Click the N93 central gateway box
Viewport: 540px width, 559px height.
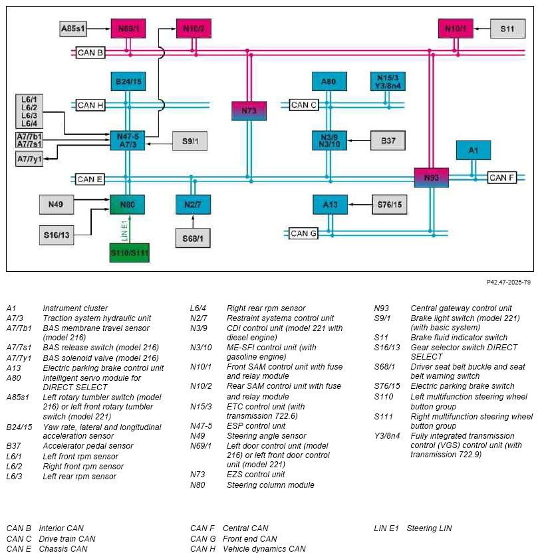click(x=431, y=177)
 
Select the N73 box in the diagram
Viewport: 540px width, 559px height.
click(x=249, y=111)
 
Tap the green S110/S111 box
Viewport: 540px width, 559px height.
click(x=129, y=253)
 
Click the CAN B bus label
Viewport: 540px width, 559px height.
click(x=90, y=53)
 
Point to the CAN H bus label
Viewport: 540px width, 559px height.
click(x=90, y=105)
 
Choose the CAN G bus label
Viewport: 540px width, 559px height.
click(x=303, y=233)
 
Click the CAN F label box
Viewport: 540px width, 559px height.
click(x=502, y=177)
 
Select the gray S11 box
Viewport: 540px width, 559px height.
click(x=507, y=29)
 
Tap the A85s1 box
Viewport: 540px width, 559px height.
click(x=73, y=29)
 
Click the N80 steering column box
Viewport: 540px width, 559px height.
click(x=127, y=205)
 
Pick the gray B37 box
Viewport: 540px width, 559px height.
click(x=388, y=140)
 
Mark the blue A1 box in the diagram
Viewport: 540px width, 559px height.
click(x=473, y=150)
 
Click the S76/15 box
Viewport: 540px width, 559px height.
click(x=390, y=205)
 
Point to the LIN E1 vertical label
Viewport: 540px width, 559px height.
click(x=124, y=231)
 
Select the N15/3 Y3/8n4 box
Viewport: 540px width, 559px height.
click(x=388, y=81)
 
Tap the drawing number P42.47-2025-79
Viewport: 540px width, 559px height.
click(x=508, y=282)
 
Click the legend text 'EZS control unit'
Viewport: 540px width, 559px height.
click(x=256, y=474)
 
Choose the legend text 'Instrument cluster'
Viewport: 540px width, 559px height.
click(x=75, y=308)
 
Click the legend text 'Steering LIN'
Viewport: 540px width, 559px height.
click(x=429, y=528)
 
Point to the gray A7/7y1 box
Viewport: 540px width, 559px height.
click(x=30, y=159)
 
